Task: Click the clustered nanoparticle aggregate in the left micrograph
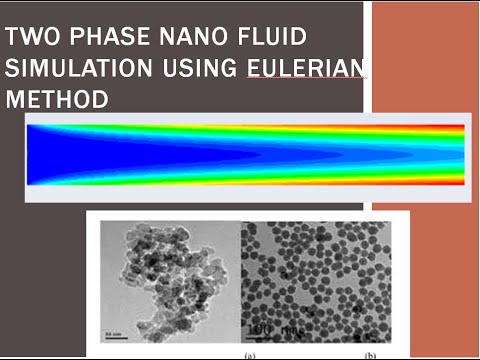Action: point(165,275)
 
